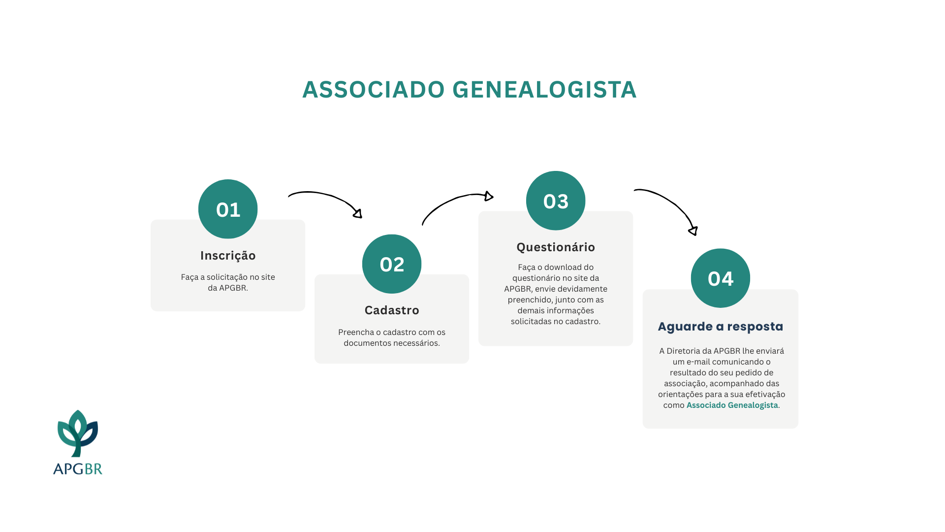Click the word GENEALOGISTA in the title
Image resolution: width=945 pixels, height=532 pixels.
(544, 90)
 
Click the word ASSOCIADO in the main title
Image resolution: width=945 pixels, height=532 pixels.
(374, 90)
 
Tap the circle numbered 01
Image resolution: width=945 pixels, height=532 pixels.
(228, 209)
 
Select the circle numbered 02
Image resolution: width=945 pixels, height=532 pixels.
(392, 264)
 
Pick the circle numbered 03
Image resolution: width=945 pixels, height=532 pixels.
(556, 200)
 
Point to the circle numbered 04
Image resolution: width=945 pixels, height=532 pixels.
(721, 278)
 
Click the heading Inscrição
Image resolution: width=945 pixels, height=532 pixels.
(228, 256)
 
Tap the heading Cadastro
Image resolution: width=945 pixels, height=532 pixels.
(392, 310)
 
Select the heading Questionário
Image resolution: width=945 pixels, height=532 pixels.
(556, 247)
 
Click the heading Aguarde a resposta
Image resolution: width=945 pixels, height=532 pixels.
(721, 327)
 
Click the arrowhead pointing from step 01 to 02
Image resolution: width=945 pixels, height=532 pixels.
(358, 213)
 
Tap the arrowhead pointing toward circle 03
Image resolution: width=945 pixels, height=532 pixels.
(488, 196)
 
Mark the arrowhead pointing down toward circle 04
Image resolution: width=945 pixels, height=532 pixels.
(693, 231)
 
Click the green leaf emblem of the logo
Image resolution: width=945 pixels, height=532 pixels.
(78, 433)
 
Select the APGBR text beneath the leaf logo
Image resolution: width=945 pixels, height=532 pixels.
(78, 468)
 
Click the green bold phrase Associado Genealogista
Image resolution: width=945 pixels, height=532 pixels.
(732, 405)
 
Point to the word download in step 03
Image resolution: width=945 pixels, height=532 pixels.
(562, 267)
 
